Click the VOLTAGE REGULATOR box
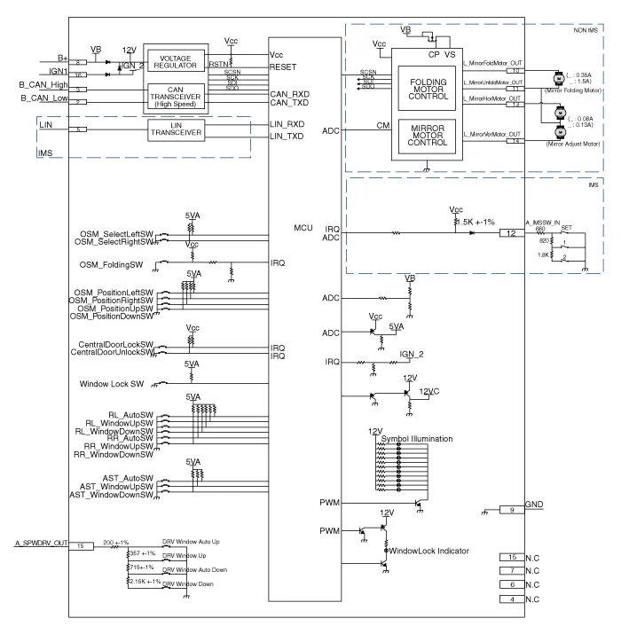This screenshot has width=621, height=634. coord(175,60)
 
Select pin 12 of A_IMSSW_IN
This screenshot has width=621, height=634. coord(511,233)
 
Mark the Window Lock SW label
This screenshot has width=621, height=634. coord(119,383)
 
